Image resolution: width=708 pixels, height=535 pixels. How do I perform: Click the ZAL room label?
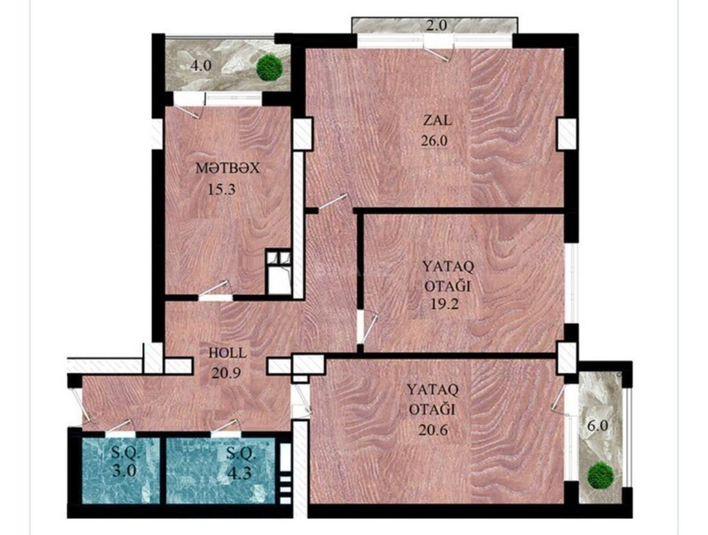coord(437,121)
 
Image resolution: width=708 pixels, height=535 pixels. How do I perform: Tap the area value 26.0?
coord(434,141)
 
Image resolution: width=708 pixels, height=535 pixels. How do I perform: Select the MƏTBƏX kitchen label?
coord(228,168)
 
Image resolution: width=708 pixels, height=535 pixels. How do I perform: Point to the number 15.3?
coord(222,189)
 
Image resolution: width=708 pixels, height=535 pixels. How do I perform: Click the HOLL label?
coord(228,353)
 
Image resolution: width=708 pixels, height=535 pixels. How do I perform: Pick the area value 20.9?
coord(226,373)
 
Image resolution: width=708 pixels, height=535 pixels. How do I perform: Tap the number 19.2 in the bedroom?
coord(444,304)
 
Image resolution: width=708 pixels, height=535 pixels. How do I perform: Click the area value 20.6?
coord(433,430)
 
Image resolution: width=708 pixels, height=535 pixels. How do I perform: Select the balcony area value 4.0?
coord(200,66)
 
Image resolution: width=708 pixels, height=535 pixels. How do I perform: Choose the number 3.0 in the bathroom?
coord(124,472)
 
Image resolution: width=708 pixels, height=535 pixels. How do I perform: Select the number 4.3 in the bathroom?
coord(239,474)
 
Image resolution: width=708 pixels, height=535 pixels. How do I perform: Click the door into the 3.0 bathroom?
coord(119,426)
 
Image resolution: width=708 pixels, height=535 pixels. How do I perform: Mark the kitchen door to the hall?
coord(215,288)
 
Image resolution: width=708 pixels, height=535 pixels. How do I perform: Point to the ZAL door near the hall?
coord(332,202)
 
